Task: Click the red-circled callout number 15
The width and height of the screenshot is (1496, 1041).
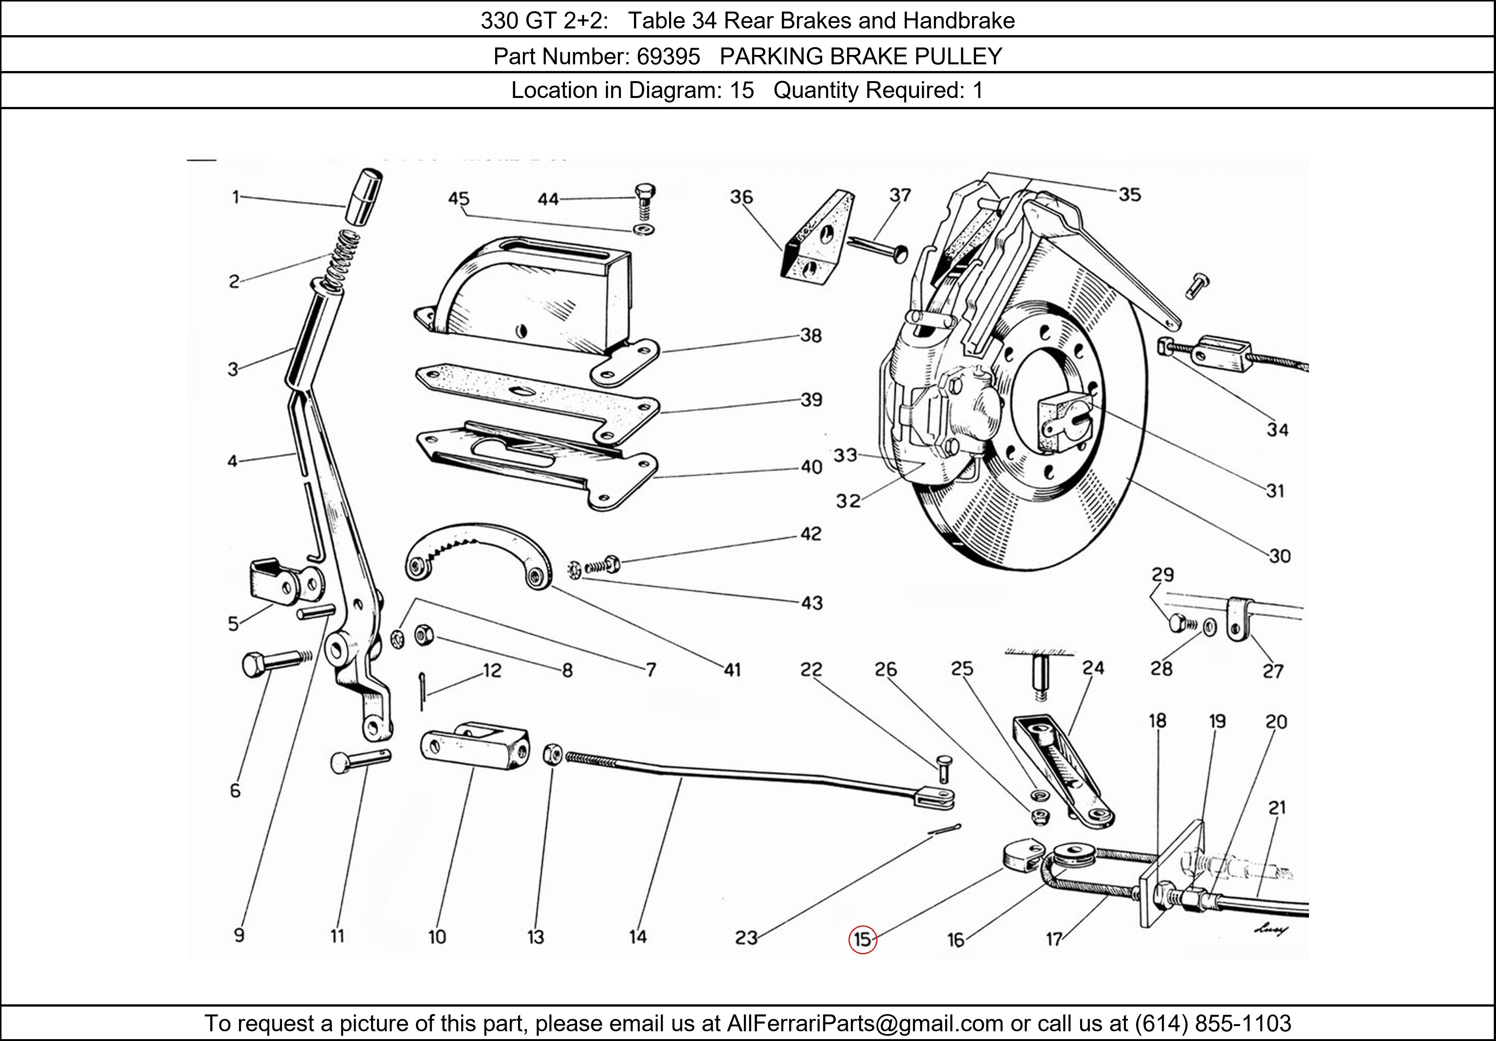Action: click(862, 939)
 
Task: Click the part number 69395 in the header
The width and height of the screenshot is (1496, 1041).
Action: click(668, 57)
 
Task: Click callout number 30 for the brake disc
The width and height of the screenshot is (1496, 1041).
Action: click(1279, 556)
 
